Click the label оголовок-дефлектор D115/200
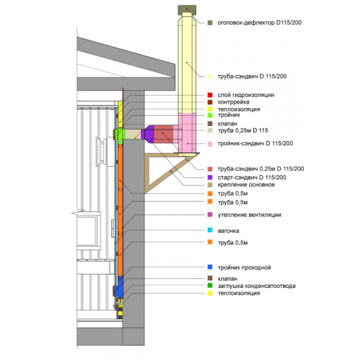[x=259, y=23]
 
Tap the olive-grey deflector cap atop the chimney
[x=187, y=10]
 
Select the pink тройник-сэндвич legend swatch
[x=210, y=144]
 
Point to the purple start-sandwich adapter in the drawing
[x=148, y=134]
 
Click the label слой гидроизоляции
[x=246, y=95]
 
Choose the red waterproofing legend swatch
[x=210, y=95]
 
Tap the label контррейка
[x=233, y=102]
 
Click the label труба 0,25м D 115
[x=243, y=130]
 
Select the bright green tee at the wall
[x=120, y=134]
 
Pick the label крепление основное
[x=246, y=185]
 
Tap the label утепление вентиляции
[x=250, y=215]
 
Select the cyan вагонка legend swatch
[x=210, y=230]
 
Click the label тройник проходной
[x=244, y=268]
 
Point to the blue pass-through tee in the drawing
[x=119, y=286]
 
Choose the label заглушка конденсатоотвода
[x=256, y=286]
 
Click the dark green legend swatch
[x=210, y=286]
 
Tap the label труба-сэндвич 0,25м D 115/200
[x=260, y=169]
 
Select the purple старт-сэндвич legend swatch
[x=210, y=177]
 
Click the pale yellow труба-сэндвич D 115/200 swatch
[x=210, y=76]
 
